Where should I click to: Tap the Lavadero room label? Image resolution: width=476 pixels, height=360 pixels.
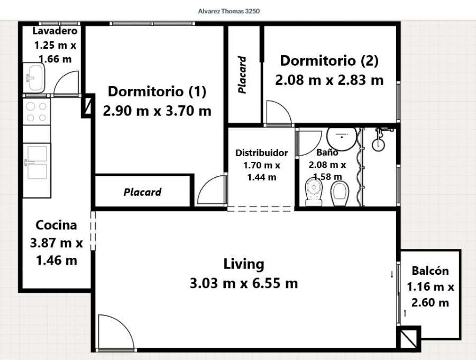(x=51, y=30)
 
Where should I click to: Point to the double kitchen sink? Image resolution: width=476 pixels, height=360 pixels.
(x=36, y=161)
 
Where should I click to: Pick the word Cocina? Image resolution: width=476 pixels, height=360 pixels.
(x=56, y=225)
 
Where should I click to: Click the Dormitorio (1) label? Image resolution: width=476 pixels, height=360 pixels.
(x=157, y=92)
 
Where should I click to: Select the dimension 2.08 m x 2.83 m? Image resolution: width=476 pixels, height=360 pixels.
(x=329, y=80)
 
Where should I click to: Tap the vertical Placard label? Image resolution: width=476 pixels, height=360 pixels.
(x=242, y=75)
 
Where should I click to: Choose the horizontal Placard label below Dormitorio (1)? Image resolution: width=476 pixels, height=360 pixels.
(x=142, y=192)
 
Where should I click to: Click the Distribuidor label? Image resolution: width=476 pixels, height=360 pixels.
(x=261, y=153)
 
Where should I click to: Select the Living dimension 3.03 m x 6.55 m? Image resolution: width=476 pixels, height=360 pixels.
(x=243, y=283)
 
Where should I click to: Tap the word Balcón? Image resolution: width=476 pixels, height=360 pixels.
(x=430, y=271)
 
